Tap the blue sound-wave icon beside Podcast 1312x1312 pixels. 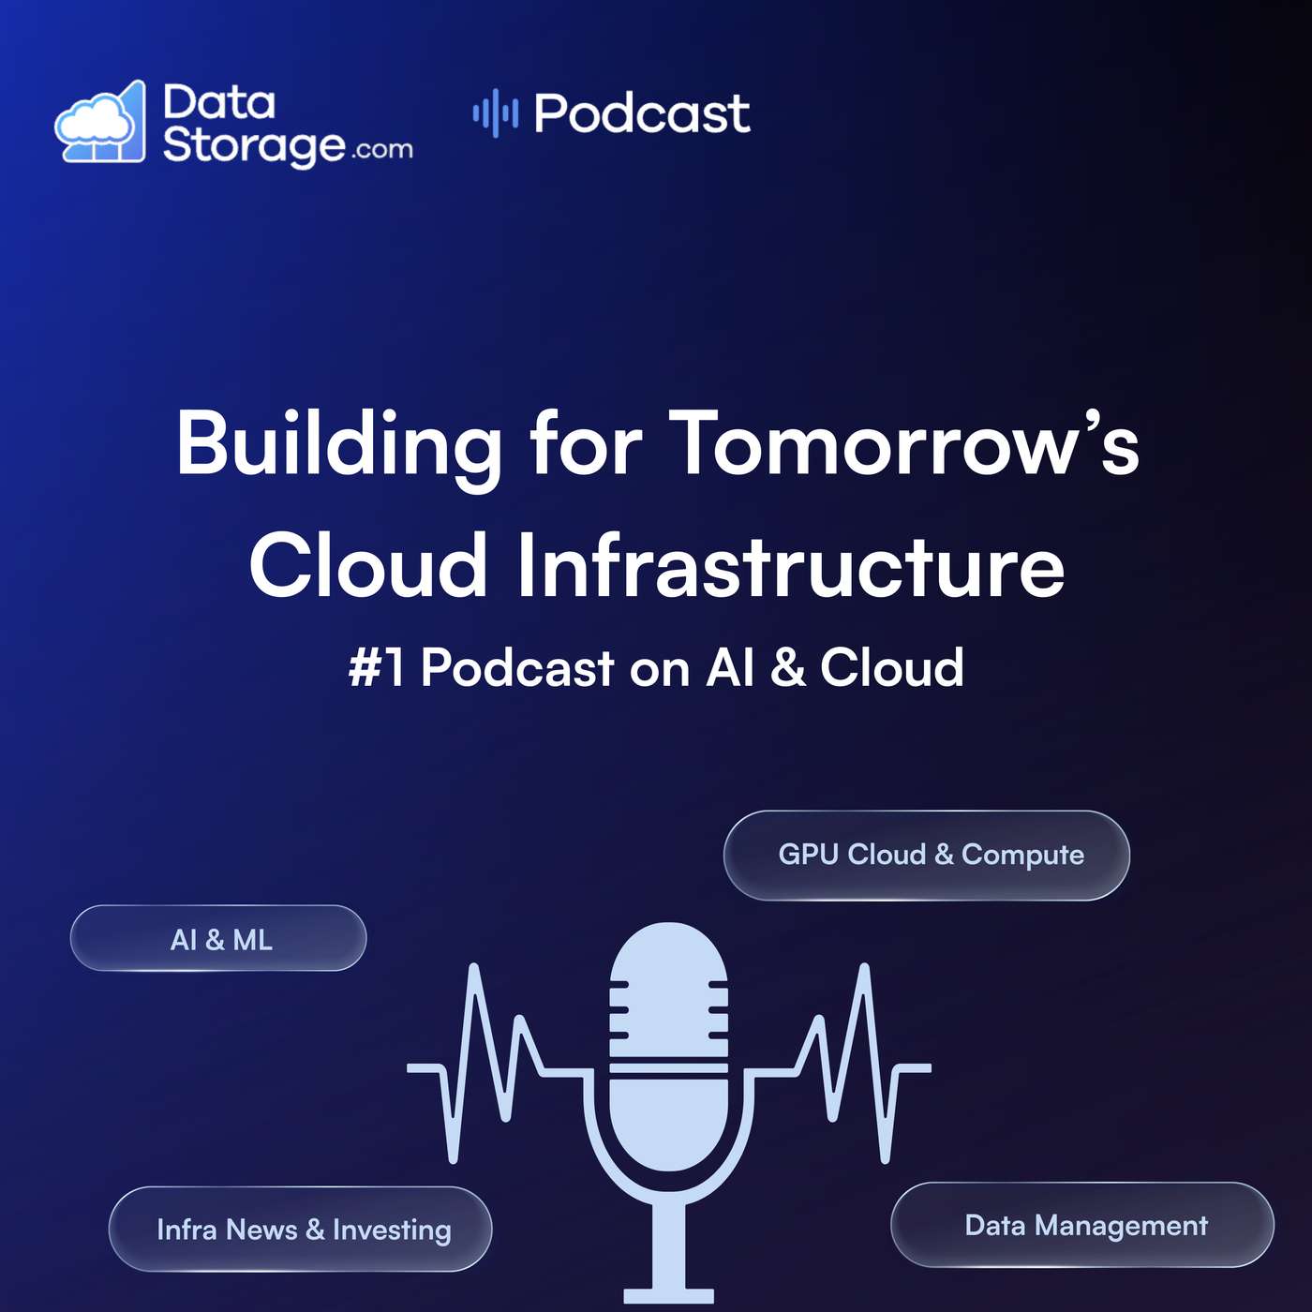click(495, 113)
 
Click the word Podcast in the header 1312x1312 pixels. click(642, 114)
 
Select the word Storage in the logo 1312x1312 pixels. click(253, 145)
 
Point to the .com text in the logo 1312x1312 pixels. click(382, 150)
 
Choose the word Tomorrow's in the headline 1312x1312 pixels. click(903, 444)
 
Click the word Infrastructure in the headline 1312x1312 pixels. click(791, 566)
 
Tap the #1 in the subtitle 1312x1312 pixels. click(377, 668)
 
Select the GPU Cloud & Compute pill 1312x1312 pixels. click(927, 855)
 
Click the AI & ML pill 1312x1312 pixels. click(218, 939)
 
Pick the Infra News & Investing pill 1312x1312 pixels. click(301, 1229)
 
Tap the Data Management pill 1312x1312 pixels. click(1083, 1225)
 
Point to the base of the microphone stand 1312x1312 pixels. click(668, 1295)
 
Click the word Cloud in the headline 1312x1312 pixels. click(368, 566)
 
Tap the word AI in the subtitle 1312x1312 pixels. click(731, 668)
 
